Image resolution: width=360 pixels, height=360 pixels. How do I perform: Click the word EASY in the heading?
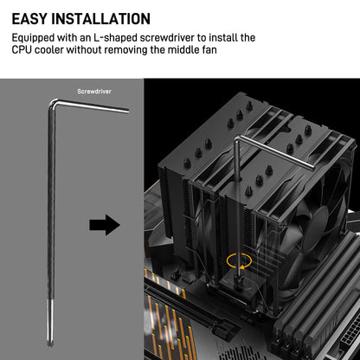(x=29, y=19)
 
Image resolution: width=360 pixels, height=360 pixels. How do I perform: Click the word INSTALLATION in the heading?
(x=100, y=19)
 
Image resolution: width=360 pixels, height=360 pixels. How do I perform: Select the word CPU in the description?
(x=22, y=49)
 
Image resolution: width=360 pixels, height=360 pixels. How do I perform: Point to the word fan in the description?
(x=209, y=49)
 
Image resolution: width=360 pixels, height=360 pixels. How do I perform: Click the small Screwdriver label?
(x=94, y=92)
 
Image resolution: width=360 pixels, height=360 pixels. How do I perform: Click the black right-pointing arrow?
(x=105, y=225)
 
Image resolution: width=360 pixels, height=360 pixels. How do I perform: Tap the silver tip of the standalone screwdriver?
(x=50, y=322)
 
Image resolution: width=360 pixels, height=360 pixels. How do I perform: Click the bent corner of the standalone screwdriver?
(x=52, y=102)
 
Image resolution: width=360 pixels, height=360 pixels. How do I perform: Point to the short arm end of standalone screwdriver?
(x=127, y=110)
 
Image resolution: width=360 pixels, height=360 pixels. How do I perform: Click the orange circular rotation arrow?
(x=239, y=260)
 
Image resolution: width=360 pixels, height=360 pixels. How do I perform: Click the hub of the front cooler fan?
(x=317, y=228)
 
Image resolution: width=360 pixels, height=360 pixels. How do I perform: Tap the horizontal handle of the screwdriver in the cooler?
(x=275, y=153)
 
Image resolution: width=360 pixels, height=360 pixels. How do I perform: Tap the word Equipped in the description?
(x=33, y=38)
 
